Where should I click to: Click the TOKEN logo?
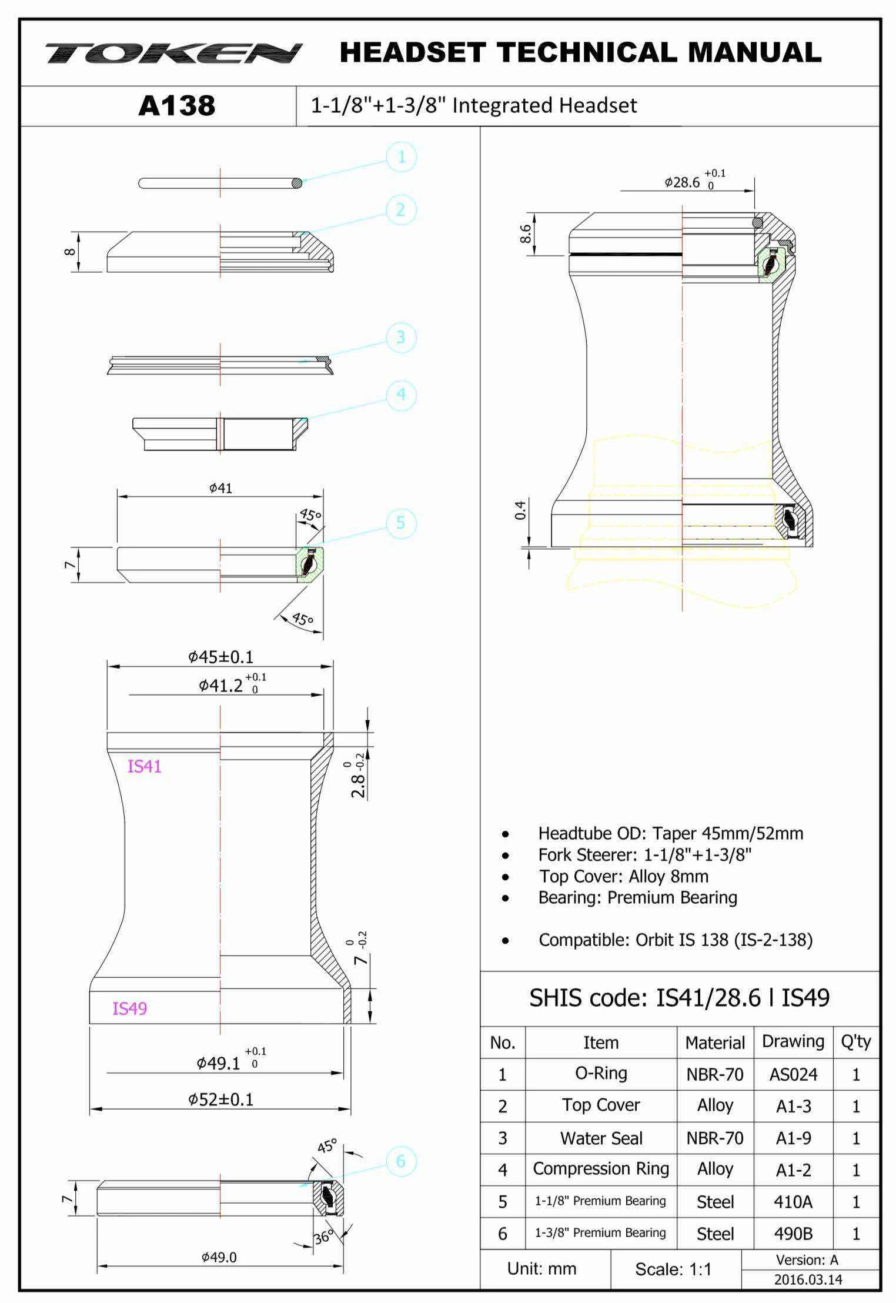point(174,53)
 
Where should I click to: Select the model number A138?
point(177,106)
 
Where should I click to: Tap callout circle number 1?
point(402,157)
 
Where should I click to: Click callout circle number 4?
point(402,395)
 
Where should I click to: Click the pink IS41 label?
point(145,766)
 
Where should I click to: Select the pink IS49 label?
point(129,1008)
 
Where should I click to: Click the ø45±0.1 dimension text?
point(220,657)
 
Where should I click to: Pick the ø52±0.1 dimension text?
point(220,1099)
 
